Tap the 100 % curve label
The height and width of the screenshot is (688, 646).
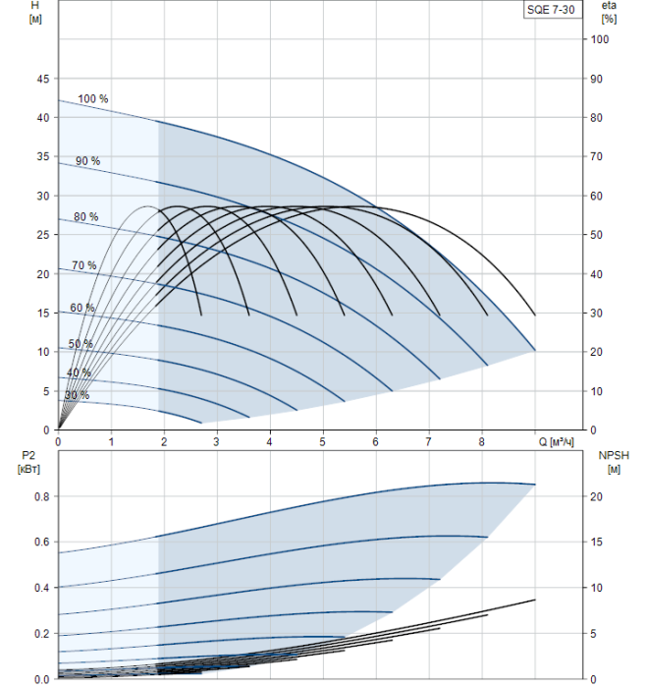(93, 98)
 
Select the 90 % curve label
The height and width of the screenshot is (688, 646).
(87, 160)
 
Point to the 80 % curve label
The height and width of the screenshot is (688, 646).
(86, 216)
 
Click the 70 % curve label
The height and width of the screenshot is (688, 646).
(84, 265)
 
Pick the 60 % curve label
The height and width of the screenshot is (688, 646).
(82, 308)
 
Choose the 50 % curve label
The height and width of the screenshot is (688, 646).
(81, 343)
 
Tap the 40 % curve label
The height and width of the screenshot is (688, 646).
(79, 373)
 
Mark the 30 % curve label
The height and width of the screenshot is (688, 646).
(77, 395)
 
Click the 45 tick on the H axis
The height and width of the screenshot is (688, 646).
(41, 79)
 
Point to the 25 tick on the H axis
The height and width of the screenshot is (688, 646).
(41, 235)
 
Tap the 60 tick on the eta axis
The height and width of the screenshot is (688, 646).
(599, 196)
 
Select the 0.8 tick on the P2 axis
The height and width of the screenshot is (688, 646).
(39, 496)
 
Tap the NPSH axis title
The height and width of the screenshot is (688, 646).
(609, 460)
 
